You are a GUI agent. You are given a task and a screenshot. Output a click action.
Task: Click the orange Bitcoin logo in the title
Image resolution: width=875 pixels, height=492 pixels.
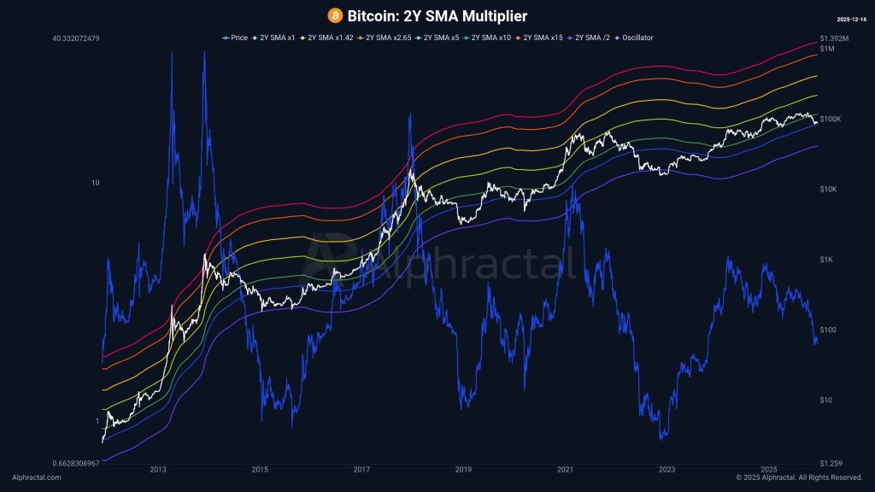[335, 15]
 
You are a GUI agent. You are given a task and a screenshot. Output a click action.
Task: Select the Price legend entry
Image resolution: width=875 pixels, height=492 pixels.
[235, 38]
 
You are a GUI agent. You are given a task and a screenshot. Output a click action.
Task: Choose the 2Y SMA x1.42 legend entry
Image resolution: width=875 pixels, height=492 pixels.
[331, 38]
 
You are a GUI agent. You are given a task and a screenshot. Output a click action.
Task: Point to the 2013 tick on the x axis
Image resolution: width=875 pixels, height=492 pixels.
[158, 469]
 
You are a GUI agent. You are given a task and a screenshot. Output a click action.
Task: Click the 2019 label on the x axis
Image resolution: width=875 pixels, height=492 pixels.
[464, 469]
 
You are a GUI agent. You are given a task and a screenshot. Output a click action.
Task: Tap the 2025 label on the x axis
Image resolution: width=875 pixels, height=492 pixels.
[769, 469]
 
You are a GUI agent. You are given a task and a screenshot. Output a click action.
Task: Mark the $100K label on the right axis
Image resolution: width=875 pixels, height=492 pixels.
[831, 119]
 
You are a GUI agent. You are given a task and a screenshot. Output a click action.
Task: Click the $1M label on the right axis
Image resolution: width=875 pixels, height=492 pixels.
[826, 49]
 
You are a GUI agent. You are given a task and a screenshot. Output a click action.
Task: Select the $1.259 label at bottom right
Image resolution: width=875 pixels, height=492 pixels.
[831, 463]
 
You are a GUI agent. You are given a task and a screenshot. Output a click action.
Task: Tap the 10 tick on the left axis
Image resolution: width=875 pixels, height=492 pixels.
[97, 183]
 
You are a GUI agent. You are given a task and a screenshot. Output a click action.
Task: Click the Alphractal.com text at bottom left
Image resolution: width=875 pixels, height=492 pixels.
[37, 477]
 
